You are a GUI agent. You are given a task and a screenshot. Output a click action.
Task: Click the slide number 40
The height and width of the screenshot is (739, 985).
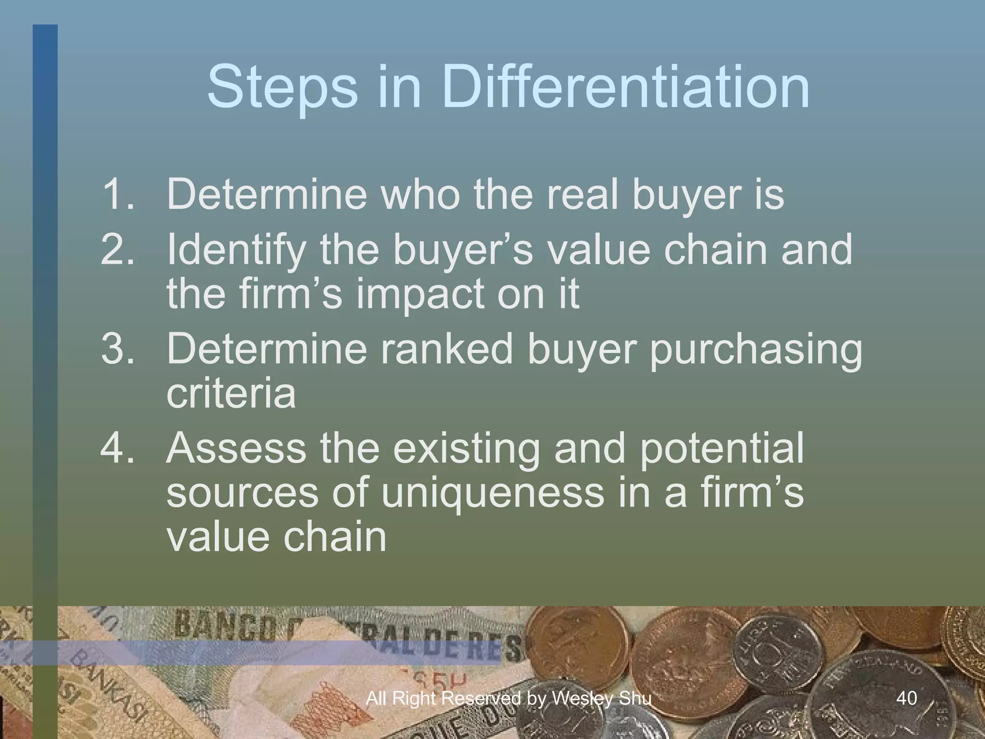tap(907, 698)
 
